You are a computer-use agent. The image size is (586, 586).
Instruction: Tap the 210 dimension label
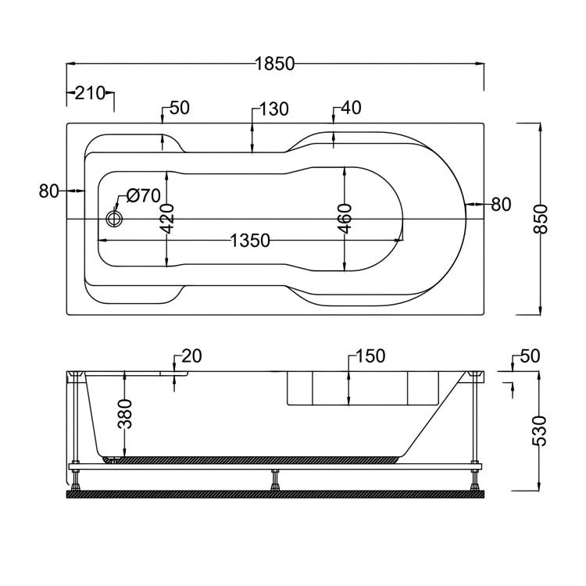pos(91,93)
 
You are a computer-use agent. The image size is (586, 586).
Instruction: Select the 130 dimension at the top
pos(273,109)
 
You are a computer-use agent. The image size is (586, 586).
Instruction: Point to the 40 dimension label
pos(351,109)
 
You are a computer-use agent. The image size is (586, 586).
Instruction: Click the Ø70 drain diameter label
pos(142,196)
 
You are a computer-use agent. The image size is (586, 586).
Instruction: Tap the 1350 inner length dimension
pos(250,240)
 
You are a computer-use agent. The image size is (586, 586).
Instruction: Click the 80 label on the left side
pos(49,191)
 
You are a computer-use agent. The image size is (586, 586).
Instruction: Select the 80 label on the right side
pos(501,205)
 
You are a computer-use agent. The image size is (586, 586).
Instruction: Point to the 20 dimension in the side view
pos(191,356)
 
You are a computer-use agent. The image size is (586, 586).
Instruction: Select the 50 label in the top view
pos(179,109)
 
